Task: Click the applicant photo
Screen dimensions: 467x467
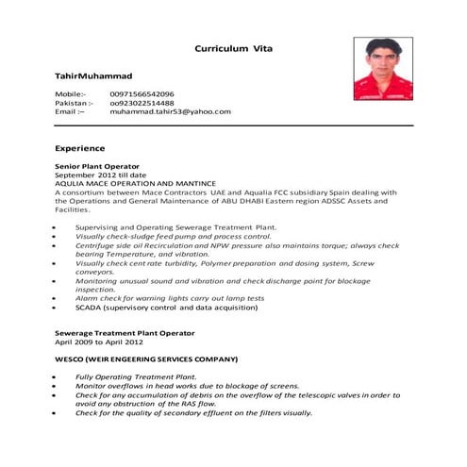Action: (385, 69)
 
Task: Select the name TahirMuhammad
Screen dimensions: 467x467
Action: (93, 75)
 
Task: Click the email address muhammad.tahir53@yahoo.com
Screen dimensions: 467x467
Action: (170, 111)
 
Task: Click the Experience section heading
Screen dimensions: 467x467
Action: (79, 148)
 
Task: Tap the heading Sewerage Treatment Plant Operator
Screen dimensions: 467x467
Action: (125, 333)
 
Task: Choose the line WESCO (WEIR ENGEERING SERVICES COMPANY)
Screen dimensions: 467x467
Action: (146, 359)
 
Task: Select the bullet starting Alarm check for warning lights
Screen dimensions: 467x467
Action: (170, 298)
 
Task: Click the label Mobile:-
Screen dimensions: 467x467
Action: (70, 94)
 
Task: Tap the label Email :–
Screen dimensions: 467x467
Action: (69, 111)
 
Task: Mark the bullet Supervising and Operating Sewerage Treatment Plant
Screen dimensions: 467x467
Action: (175, 227)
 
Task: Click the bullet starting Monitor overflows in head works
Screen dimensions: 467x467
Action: (188, 386)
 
